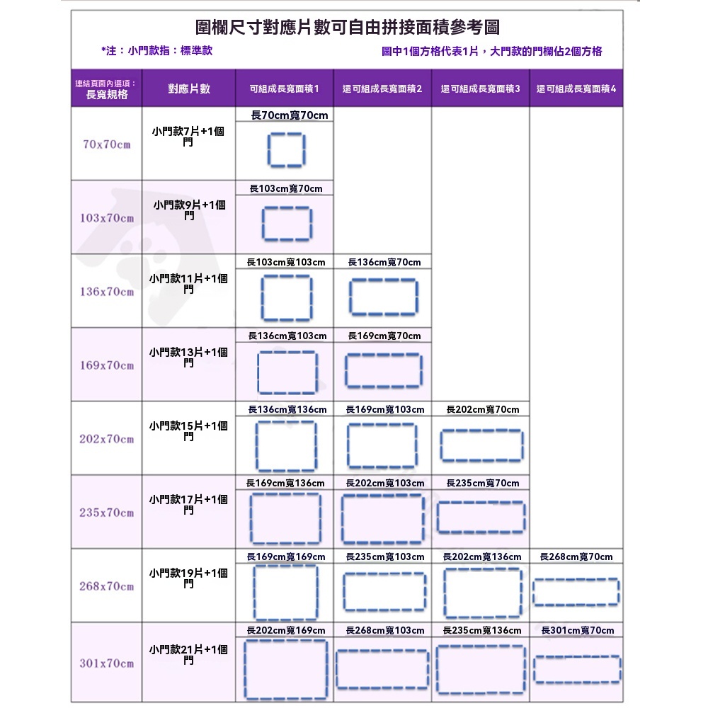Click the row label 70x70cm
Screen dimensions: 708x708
pos(107,144)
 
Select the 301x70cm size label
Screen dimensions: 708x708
pos(107,663)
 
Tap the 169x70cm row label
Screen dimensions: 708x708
pos(107,365)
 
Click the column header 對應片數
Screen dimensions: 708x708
pos(189,88)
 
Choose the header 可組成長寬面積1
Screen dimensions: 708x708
pos(285,88)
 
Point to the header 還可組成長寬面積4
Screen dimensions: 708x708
pos(576,88)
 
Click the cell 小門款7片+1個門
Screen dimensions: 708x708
pos(188,137)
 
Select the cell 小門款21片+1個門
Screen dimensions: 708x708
pos(188,655)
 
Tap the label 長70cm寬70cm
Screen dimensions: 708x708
pos(290,115)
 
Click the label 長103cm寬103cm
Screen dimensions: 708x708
pos(286,262)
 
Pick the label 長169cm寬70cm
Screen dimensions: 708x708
pos(384,336)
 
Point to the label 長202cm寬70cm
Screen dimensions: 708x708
pos(483,409)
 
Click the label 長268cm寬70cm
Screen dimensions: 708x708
pos(576,556)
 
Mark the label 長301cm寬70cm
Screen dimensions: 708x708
pos(578,630)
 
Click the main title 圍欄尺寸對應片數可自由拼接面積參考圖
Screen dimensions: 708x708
pos(347,27)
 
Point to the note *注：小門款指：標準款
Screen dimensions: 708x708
pos(156,50)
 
